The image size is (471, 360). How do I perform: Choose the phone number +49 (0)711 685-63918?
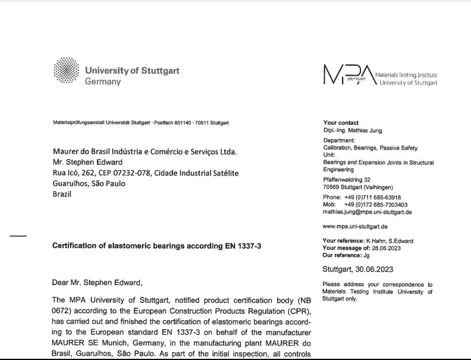pyautogui.click(x=372, y=198)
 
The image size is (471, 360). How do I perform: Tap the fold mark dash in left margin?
pyautogui.click(x=18, y=237)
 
